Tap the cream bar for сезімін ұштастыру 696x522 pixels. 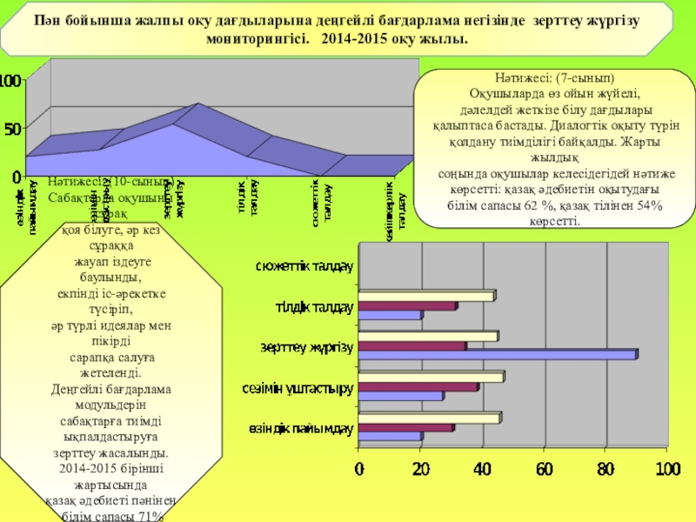click(x=430, y=377)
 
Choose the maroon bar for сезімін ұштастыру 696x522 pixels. click(x=418, y=386)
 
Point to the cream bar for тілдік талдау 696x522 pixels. click(x=426, y=296)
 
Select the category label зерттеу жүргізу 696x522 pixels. click(x=306, y=347)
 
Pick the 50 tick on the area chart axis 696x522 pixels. click(x=12, y=128)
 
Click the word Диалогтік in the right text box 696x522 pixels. click(x=567, y=124)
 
